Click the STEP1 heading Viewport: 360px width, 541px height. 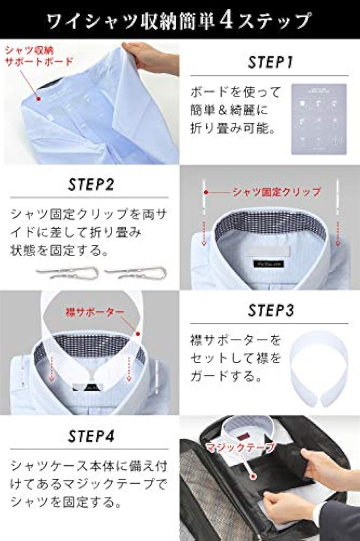point(270,62)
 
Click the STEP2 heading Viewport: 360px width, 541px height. point(91,185)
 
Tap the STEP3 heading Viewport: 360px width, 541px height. point(271,310)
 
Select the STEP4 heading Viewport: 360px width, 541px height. point(91,436)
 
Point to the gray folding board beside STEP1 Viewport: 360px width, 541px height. point(319,119)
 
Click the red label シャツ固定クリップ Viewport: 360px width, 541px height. point(277,192)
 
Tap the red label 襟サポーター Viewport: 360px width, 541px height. point(91,312)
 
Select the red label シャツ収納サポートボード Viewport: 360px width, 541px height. point(39,56)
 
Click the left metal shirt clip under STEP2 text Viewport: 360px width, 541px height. point(68,272)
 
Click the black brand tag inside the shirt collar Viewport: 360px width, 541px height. point(269,263)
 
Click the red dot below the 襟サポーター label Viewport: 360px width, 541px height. point(138,334)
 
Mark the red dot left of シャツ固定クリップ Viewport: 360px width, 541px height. point(206,193)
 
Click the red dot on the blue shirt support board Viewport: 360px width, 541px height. point(38,99)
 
